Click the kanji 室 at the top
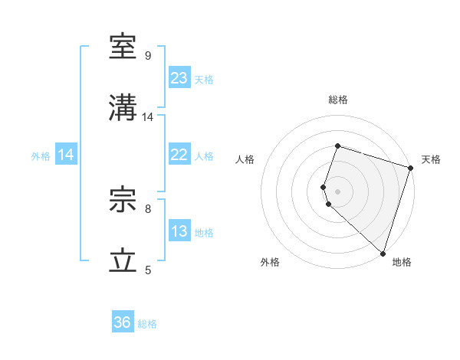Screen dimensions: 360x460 [124, 47]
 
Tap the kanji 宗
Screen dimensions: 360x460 [124, 201]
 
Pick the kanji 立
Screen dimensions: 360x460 [124, 261]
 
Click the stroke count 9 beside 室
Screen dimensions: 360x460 [148, 56]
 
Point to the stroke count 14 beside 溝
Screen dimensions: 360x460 [148, 117]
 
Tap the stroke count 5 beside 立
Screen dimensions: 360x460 [148, 270]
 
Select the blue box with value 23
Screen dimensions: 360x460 [179, 78]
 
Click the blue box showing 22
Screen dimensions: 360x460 [179, 155]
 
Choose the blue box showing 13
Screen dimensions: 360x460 [179, 231]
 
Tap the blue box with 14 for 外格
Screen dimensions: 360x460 [66, 155]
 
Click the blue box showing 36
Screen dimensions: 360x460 [123, 322]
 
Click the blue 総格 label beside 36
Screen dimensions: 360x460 [147, 324]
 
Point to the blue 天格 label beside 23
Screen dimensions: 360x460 [204, 80]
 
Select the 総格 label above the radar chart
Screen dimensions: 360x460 [337, 100]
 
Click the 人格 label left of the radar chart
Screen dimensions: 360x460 [245, 159]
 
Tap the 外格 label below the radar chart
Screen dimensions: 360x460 [270, 262]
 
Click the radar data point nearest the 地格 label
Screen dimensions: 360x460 [383, 254]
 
